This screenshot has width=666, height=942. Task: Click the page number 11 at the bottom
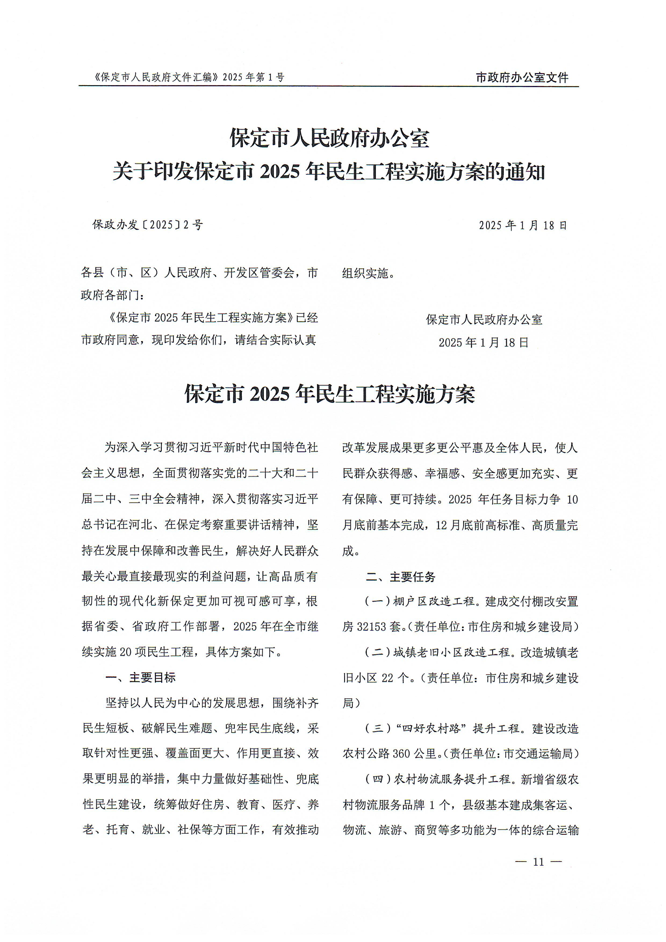538,862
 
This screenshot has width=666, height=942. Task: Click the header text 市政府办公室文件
522,77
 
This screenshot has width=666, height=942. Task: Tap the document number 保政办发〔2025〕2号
148,225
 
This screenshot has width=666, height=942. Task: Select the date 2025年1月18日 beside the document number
523,225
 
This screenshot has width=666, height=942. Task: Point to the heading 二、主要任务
401,577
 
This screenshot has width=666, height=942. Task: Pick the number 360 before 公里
401,754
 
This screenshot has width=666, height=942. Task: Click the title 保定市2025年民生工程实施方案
330,394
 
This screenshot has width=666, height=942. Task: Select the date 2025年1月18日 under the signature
484,342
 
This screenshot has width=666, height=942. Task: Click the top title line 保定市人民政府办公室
330,138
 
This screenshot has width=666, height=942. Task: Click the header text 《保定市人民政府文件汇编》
156,77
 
